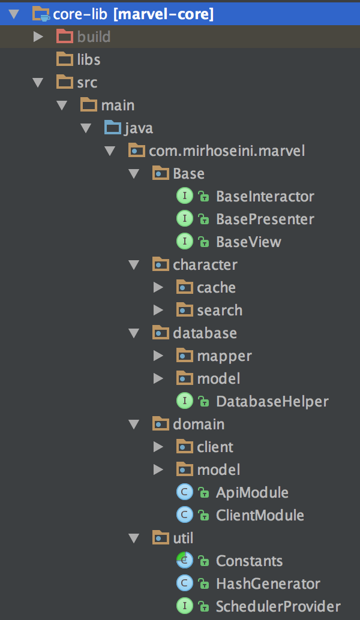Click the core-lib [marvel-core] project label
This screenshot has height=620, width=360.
coord(133,14)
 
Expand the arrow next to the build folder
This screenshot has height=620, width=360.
coord(38,37)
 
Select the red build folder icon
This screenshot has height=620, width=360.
coord(64,37)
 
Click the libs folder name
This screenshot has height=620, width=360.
coord(89,60)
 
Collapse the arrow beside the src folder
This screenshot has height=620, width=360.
coord(38,82)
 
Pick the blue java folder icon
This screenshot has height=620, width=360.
coord(113,128)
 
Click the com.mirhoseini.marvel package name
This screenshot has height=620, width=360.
coord(227,151)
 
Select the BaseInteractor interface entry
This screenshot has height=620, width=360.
coord(265,196)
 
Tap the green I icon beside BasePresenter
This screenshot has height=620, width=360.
coord(184,219)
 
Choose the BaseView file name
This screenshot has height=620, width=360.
coord(248,242)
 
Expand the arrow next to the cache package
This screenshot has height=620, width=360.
coord(158,287)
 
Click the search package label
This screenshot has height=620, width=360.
coord(220,311)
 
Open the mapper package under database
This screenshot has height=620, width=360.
coord(224,356)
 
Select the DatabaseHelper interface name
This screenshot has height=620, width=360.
coord(272,401)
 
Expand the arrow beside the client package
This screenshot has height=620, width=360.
coord(158,447)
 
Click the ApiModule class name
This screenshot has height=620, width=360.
coord(252,493)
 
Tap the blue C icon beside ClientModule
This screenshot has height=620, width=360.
coord(184,515)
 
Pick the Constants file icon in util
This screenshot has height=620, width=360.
coord(184,561)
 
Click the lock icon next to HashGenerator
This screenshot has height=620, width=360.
coord(203,583)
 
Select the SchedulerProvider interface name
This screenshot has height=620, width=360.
coord(278,606)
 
